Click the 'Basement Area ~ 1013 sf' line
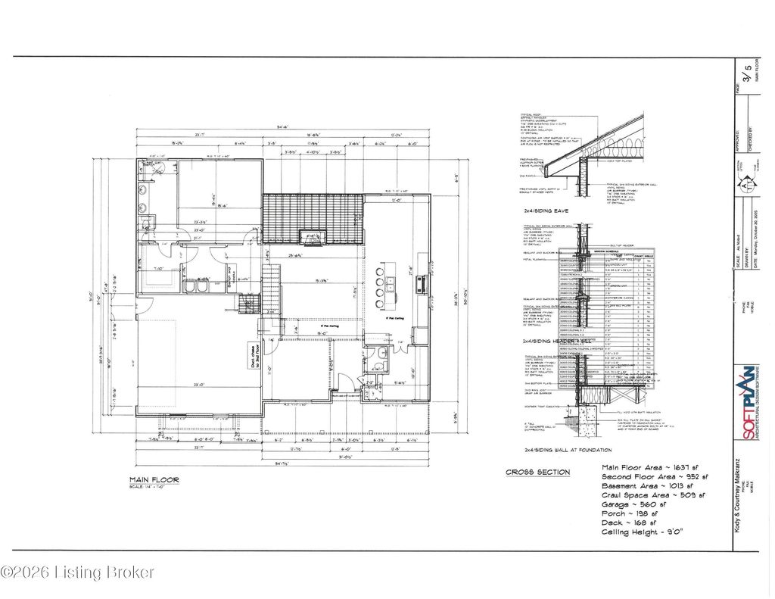649,486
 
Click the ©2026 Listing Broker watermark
78,572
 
